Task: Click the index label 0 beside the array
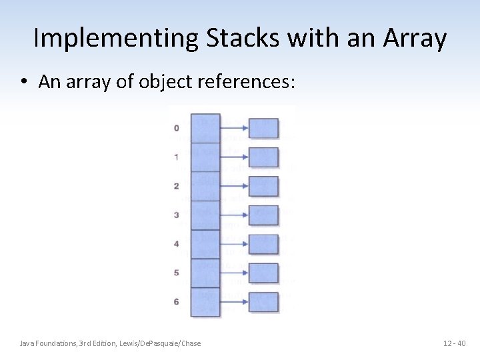176,128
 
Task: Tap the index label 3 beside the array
176,215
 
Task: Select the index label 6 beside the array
176,302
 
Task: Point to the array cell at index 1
205,157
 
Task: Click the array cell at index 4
205,244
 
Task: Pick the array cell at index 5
205,273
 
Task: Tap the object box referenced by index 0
263,128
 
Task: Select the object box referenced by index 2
263,186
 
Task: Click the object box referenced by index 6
263,302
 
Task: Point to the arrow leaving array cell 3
234,215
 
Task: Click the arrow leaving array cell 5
234,273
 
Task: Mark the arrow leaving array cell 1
234,157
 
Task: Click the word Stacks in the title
243,39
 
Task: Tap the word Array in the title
415,39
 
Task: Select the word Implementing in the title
115,39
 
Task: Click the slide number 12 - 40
455,343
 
